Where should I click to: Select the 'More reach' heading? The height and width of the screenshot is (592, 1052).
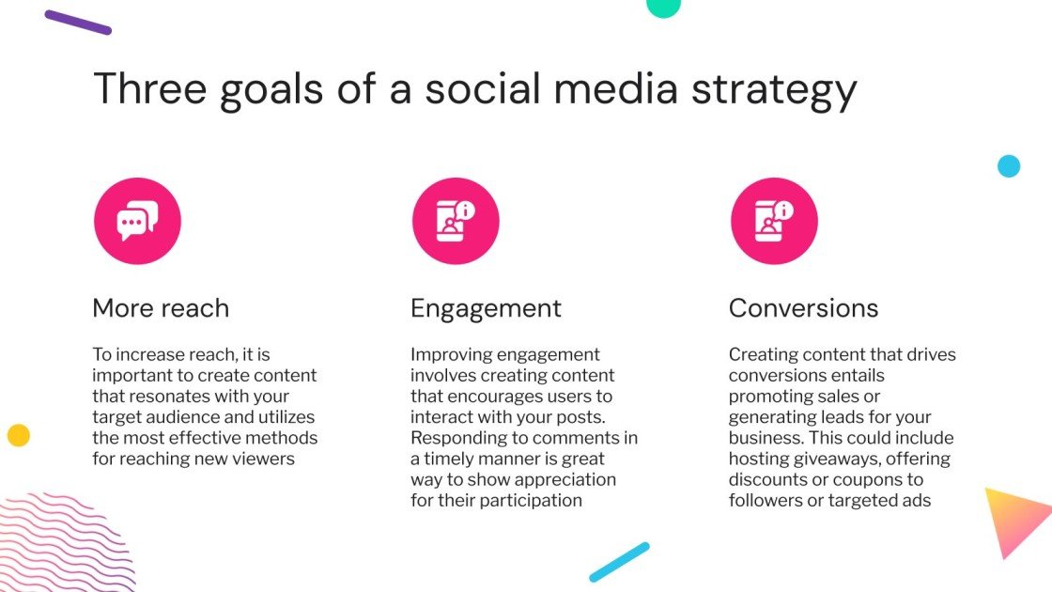pos(161,308)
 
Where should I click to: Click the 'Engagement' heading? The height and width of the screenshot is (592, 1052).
pos(486,308)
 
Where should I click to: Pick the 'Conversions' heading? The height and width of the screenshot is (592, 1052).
pos(803,308)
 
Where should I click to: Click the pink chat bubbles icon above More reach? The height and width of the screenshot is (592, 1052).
pos(137,222)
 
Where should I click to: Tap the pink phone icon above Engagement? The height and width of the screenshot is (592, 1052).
pos(456,222)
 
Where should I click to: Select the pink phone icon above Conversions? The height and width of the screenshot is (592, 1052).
pos(774,222)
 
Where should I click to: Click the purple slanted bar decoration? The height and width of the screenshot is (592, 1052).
pos(78,23)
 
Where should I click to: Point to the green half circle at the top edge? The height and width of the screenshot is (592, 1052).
pos(663,7)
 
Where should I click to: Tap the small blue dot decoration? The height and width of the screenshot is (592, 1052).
pos(1009,166)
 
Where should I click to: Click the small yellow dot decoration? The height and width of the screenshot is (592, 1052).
pos(19,435)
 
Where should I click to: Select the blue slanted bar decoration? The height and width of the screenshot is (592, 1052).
pos(619,561)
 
